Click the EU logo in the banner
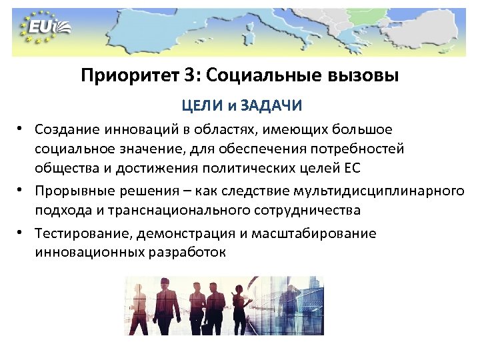[x=47, y=27]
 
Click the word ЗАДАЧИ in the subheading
[x=271, y=106]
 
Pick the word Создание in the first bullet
[x=65, y=128]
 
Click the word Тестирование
[x=76, y=233]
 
